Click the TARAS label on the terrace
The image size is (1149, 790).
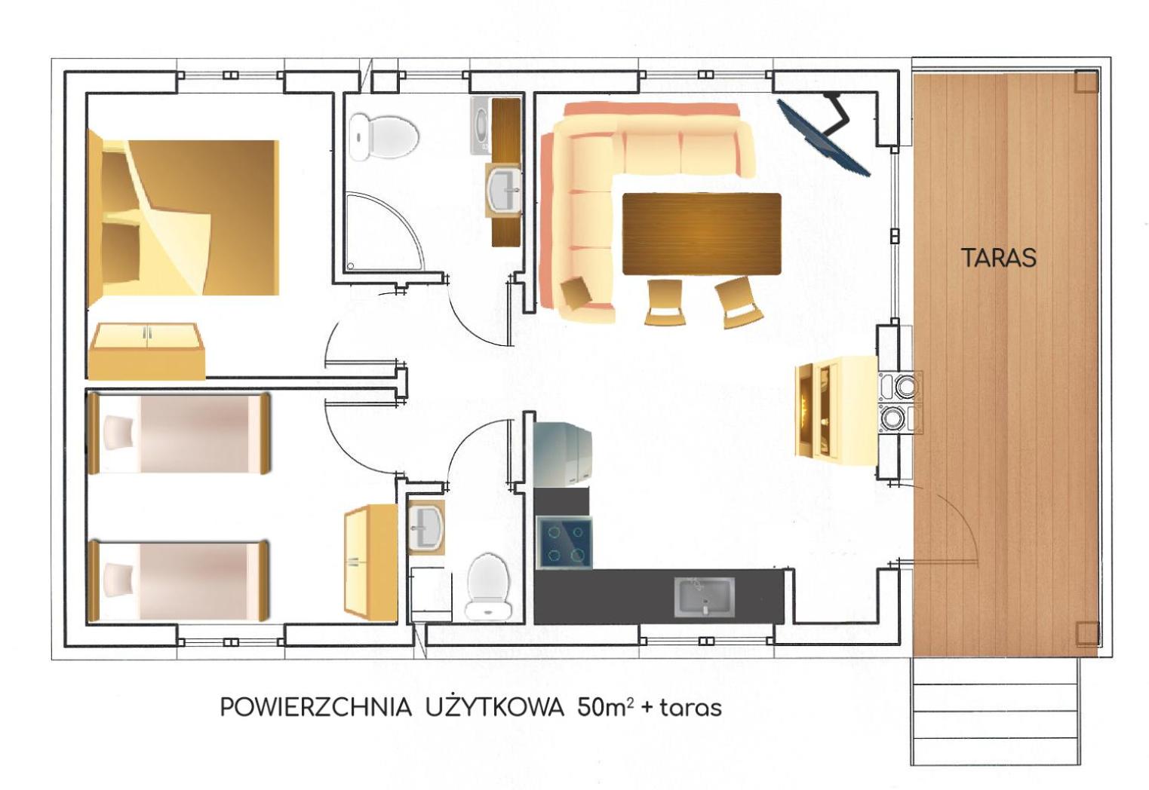pos(998,258)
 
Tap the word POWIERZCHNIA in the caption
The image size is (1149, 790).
pos(315,707)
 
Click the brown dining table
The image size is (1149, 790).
pos(701,234)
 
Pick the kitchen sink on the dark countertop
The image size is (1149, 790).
pos(703,596)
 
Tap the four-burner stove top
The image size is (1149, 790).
pos(564,543)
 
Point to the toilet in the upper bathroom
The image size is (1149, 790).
pos(385,137)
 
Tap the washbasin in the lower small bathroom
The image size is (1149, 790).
pos(426,528)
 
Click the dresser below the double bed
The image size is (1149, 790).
pos(146,351)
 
